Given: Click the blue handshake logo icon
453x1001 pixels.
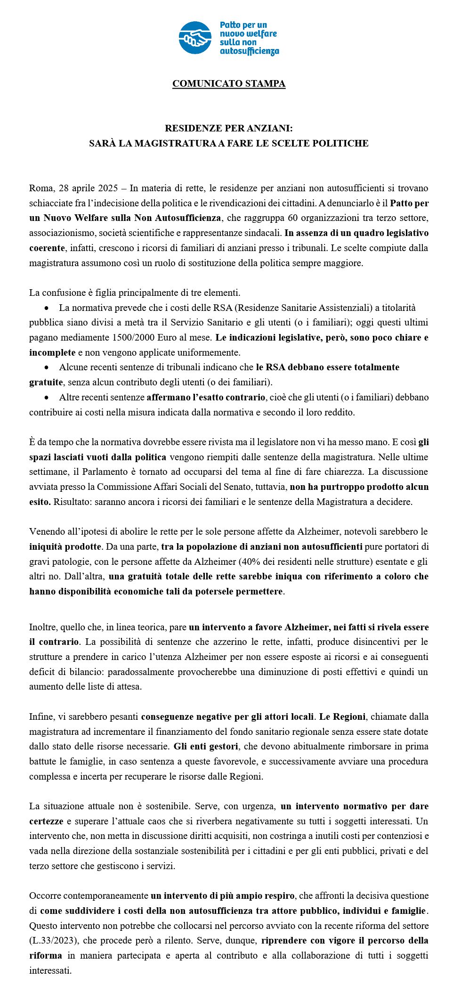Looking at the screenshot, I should point(194,38).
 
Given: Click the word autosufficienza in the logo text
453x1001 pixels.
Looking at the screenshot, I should point(249,51).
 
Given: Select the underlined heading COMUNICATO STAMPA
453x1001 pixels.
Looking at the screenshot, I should point(229,84).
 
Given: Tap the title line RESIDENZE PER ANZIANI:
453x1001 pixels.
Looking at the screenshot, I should point(229,128).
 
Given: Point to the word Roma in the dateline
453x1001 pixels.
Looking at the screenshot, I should point(41,188).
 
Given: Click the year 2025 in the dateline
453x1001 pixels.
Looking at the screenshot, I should point(108,188).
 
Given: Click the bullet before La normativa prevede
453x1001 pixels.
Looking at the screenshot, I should point(47,308).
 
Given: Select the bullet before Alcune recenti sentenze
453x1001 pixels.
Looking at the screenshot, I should point(47,367).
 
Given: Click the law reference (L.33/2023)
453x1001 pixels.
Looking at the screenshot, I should point(52,941).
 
